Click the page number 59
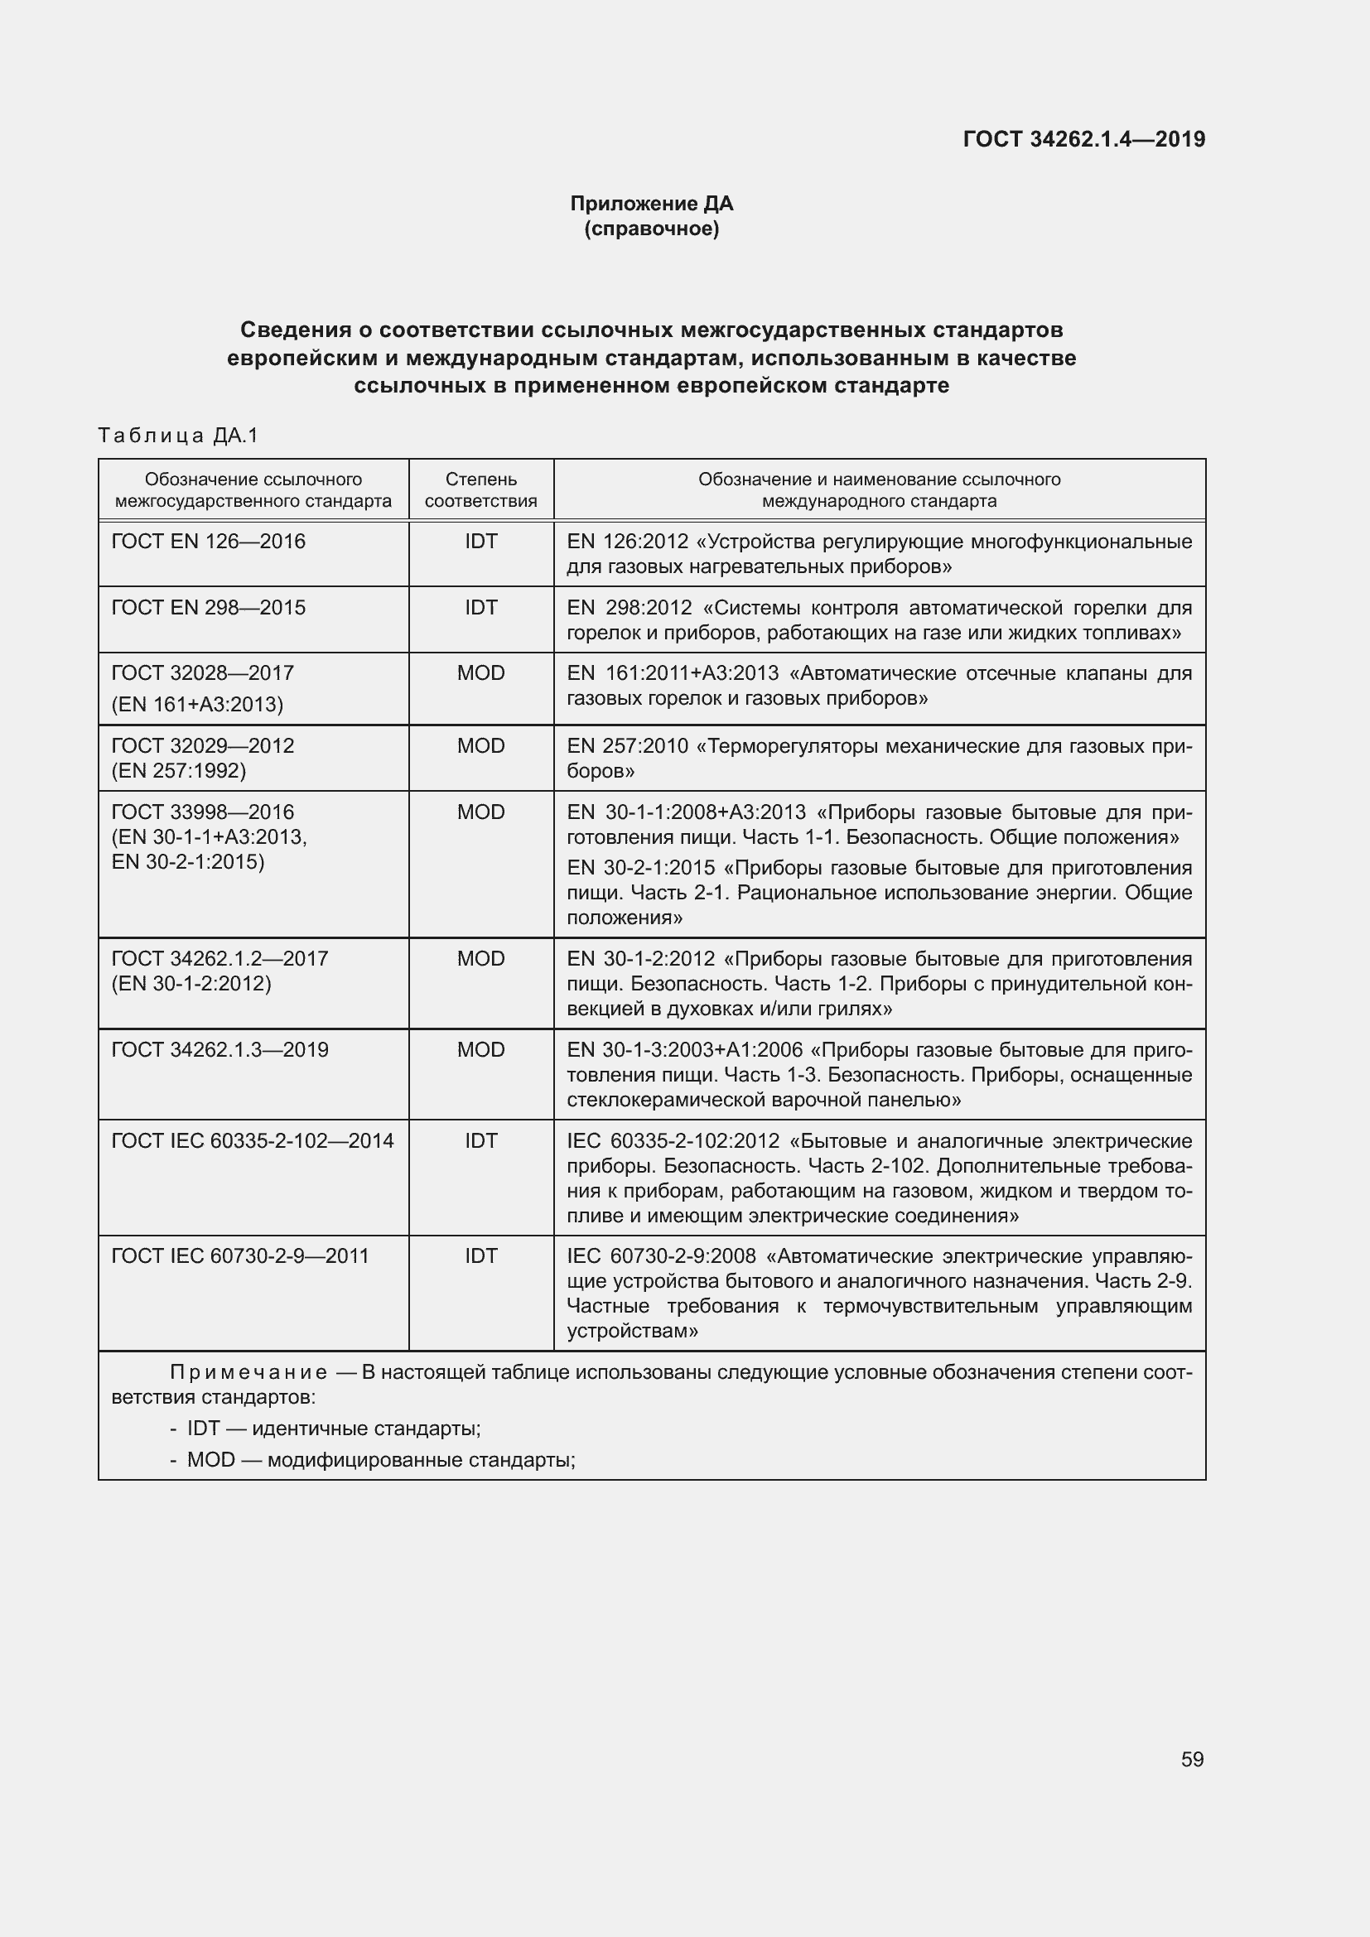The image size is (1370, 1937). [x=1191, y=1759]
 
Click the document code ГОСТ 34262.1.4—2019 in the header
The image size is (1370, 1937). [x=1083, y=139]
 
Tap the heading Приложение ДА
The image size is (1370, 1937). [x=651, y=204]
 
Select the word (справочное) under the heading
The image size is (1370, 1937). [x=651, y=229]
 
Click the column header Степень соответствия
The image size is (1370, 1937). [x=481, y=490]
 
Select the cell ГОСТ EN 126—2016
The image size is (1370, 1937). [x=209, y=542]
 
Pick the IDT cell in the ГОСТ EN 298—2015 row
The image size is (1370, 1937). [x=481, y=607]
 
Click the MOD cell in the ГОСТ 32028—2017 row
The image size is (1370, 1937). [x=481, y=673]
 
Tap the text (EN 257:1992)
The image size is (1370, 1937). [x=179, y=770]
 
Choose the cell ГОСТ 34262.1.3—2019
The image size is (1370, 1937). [x=220, y=1049]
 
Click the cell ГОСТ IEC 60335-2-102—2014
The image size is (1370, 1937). [x=253, y=1140]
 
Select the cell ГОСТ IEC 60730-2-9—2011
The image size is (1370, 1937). [x=240, y=1255]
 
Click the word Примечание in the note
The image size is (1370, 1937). [x=248, y=1371]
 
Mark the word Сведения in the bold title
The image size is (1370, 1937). [x=295, y=329]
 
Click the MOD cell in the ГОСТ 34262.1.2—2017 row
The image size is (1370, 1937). [x=481, y=958]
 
